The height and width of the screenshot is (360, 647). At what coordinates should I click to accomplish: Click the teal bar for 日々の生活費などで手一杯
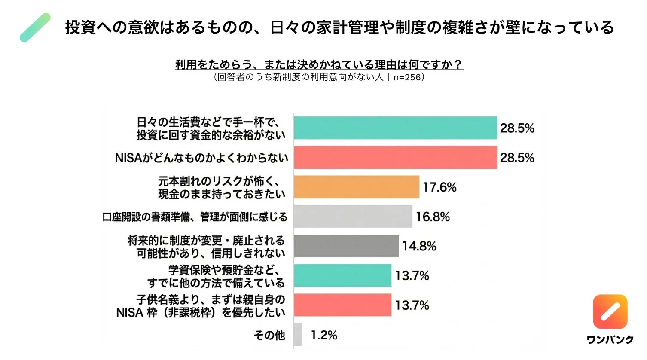(x=395, y=128)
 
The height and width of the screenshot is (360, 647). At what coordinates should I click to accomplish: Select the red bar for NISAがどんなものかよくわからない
(x=395, y=158)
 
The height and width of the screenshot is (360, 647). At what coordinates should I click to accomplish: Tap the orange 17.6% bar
(x=357, y=187)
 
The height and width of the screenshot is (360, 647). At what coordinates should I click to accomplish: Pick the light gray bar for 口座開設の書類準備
(x=353, y=217)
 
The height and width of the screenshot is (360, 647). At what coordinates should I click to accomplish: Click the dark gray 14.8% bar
(x=346, y=246)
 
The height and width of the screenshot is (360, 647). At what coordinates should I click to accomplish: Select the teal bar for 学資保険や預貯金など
(x=343, y=276)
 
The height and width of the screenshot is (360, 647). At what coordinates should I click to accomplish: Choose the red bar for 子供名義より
(x=343, y=305)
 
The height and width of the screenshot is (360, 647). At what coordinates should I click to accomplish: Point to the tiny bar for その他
(x=298, y=335)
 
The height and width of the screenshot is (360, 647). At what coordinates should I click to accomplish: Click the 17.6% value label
(x=439, y=187)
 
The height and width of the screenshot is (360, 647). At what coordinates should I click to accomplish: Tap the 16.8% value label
(x=433, y=217)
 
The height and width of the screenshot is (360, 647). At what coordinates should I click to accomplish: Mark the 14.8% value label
(x=419, y=247)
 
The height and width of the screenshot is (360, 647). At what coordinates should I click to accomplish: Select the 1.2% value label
(x=324, y=335)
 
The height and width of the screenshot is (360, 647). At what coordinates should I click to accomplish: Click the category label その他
(x=269, y=335)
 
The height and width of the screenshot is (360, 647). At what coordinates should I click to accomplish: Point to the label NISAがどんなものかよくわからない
(x=201, y=158)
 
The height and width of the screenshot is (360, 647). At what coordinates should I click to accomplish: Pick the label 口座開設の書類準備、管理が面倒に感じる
(x=195, y=217)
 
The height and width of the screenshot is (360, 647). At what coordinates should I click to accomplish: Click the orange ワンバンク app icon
(x=610, y=311)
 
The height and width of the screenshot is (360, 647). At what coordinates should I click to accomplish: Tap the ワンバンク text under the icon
(x=610, y=340)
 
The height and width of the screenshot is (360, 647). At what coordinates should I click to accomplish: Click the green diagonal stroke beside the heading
(x=35, y=27)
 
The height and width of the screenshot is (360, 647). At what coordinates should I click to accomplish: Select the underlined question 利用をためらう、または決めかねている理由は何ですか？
(x=319, y=65)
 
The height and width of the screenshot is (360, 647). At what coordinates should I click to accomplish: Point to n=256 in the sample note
(x=406, y=78)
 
